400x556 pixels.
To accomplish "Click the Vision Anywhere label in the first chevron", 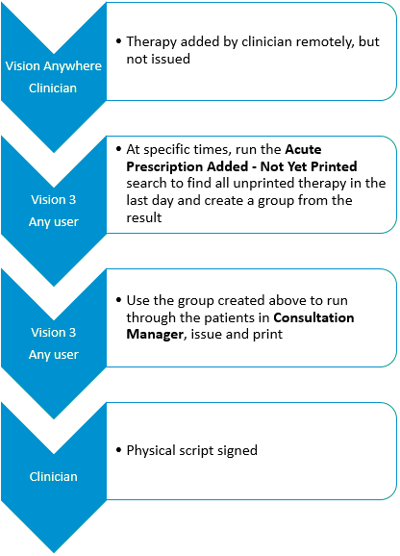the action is click(x=54, y=66).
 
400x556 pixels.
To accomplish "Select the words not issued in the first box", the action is click(x=159, y=59).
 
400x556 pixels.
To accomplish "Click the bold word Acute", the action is click(x=303, y=149).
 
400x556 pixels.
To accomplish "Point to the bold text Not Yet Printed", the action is click(x=309, y=166).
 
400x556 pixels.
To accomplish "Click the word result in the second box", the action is click(x=144, y=217).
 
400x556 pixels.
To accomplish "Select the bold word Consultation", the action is click(x=313, y=317).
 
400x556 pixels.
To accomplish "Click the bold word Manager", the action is click(x=155, y=334).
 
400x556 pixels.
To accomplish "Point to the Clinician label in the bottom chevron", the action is click(x=54, y=476).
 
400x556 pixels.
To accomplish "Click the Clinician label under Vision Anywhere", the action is click(x=53, y=88).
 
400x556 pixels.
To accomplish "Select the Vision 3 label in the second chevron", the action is click(x=54, y=200).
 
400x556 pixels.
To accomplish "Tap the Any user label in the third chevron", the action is click(x=54, y=355).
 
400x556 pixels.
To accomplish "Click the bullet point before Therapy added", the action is click(x=118, y=41).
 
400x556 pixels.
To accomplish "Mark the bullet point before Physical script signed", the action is click(x=118, y=450).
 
